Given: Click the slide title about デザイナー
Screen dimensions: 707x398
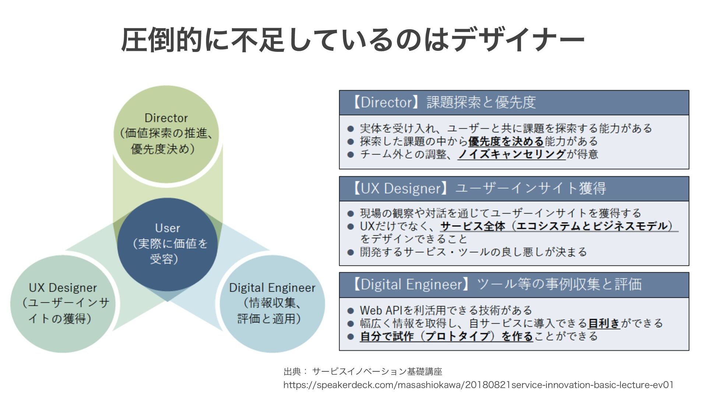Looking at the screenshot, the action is pos(353,40).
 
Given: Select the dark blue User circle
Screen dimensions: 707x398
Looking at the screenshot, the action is pos(168,244).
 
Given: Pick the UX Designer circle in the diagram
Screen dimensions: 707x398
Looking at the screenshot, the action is pos(63,303).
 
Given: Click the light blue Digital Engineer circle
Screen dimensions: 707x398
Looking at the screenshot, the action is pos(272,303).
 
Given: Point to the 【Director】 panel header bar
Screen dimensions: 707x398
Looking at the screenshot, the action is pos(514,103).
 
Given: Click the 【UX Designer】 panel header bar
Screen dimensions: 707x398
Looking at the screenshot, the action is pos(514,189).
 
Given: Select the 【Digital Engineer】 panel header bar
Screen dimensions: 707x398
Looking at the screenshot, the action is pos(514,285).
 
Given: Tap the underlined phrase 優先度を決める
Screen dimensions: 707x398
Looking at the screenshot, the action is pos(506,142).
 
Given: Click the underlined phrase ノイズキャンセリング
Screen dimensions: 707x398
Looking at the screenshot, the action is pos(512,154).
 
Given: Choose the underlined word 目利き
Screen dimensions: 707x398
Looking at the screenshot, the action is pos(604,324).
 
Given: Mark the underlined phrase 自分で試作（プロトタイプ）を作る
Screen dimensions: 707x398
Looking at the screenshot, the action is pos(446,336).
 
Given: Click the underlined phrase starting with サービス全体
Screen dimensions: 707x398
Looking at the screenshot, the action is pos(559,226).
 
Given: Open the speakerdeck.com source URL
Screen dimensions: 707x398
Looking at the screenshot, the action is pos(478,385).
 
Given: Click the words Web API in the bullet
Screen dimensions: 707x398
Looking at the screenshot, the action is pos(381,310).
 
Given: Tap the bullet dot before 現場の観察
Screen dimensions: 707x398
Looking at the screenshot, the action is pos(351,214).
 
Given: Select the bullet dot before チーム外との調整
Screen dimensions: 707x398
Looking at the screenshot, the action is pos(351,155).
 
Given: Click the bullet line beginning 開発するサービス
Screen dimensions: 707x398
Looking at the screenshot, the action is pos(473,252).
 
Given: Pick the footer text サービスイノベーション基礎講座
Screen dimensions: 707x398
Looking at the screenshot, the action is pos(377,371).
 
